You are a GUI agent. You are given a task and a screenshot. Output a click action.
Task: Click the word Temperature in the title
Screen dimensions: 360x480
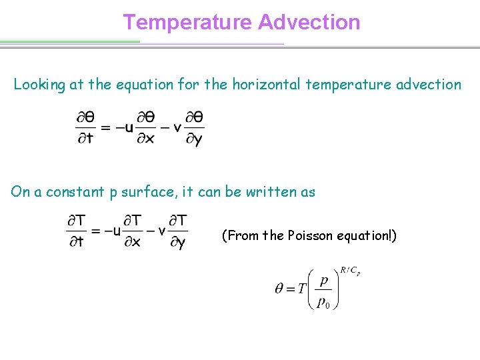tap(188, 23)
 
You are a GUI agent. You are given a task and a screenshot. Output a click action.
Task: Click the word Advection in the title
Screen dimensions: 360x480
tap(309, 23)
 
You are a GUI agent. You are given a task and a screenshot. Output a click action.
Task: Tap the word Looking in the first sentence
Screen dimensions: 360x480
tap(39, 85)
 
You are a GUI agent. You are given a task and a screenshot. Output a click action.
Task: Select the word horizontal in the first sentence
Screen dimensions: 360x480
tap(263, 85)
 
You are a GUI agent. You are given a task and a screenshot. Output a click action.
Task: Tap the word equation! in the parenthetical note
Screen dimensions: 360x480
tap(366, 235)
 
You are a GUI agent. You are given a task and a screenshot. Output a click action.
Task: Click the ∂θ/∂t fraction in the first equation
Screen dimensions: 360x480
tap(85, 128)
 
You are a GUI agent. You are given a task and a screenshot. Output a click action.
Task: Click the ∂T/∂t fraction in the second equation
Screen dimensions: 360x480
tap(77, 231)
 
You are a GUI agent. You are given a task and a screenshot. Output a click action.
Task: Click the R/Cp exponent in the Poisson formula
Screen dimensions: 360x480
tap(351, 271)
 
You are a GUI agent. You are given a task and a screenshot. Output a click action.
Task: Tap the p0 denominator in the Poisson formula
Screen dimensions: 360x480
tap(323, 303)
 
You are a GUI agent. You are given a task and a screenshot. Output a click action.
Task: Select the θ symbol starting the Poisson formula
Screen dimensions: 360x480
tap(280, 289)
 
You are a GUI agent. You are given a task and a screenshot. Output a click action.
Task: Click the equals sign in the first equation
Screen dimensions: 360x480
tap(105, 128)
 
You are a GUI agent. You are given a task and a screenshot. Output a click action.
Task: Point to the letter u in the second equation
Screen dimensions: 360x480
tap(117, 231)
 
